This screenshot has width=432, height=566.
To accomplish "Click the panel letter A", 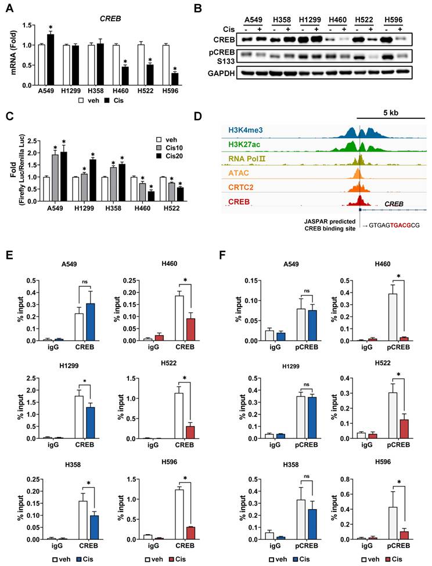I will click(x=9, y=8).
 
